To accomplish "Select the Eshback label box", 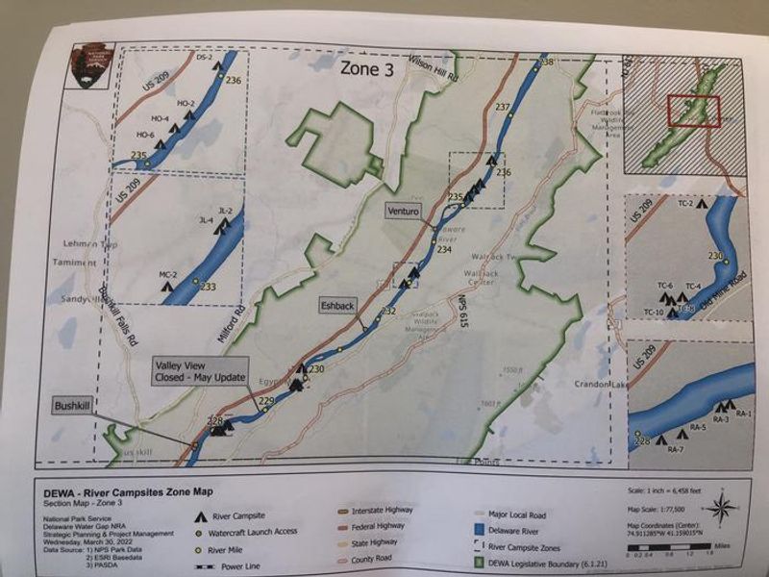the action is [x=338, y=305].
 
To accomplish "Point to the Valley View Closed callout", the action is [x=200, y=370].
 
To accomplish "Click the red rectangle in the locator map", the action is [x=693, y=111].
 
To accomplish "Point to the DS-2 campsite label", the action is [x=204, y=59].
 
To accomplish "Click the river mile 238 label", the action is [x=547, y=63].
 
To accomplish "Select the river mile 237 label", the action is [x=502, y=107].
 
